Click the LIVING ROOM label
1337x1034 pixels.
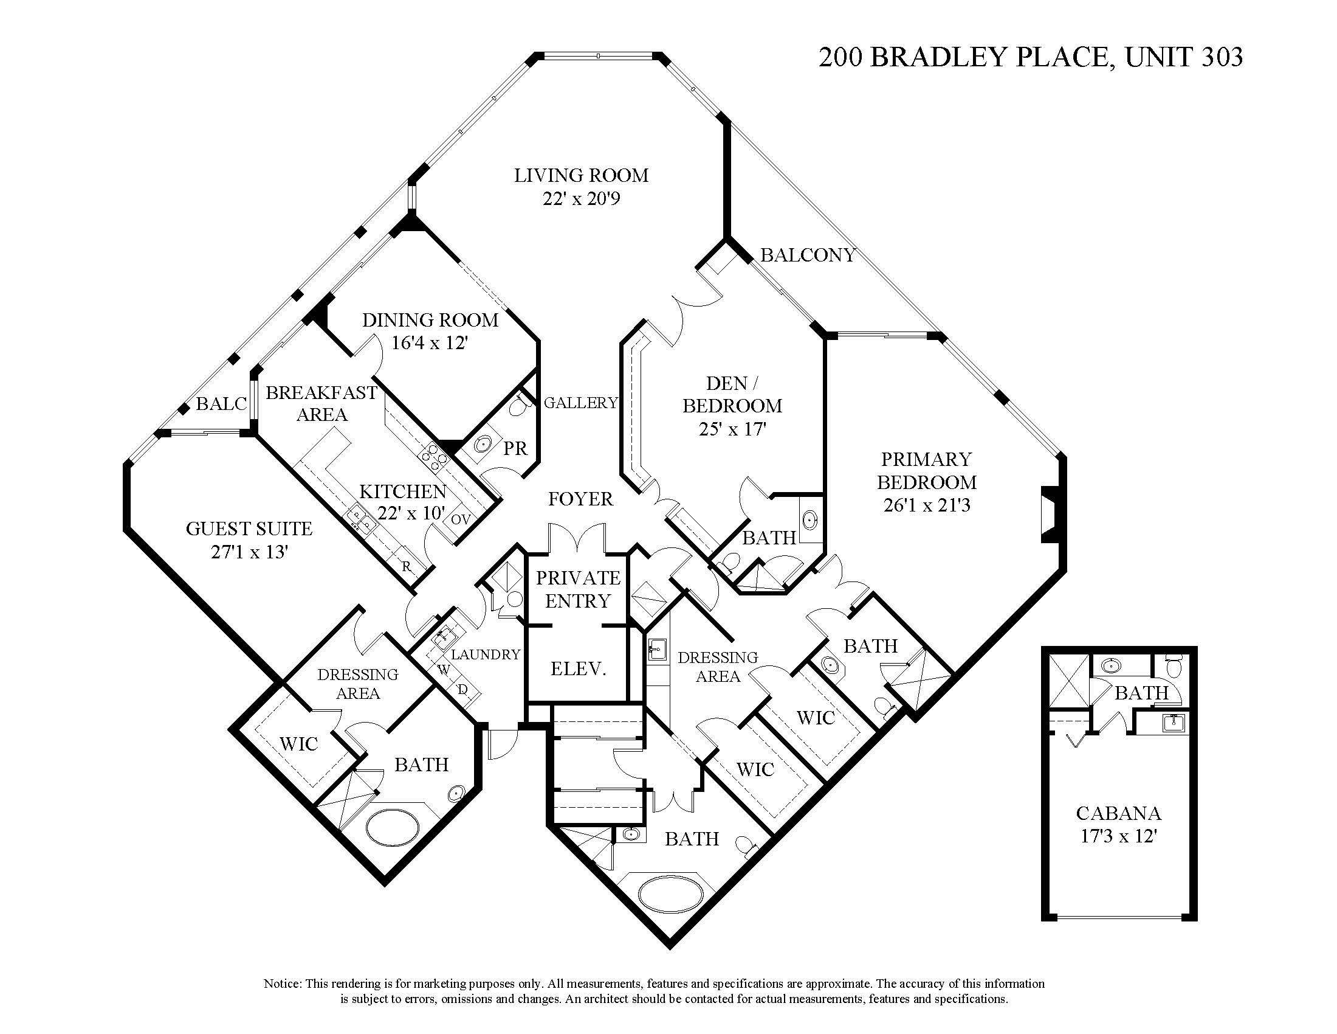(581, 176)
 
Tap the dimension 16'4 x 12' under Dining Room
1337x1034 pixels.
(430, 343)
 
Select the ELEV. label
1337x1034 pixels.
(578, 668)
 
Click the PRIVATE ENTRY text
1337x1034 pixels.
(578, 589)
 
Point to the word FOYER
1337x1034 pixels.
(580, 499)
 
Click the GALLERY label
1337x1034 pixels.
(580, 403)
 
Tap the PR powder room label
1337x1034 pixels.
(515, 449)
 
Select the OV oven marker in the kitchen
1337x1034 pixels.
(461, 519)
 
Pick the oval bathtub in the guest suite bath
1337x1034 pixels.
(393, 827)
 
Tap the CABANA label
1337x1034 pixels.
(1118, 813)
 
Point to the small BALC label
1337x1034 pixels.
(221, 404)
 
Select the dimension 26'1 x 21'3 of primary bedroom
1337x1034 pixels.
(926, 505)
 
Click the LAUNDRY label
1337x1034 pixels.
(486, 654)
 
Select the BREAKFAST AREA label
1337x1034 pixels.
(321, 403)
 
